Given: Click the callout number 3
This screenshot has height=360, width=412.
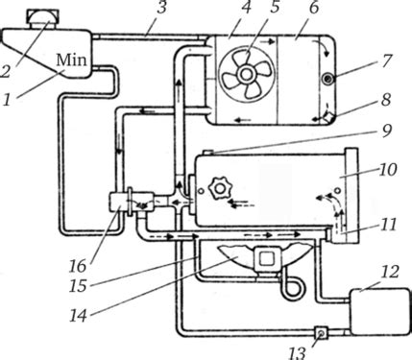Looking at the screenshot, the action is click(x=161, y=8).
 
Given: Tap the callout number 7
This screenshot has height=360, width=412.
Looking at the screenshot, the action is click(x=386, y=60).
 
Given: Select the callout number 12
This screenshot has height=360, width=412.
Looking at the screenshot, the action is click(x=390, y=272).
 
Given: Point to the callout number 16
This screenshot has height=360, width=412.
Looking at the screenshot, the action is click(x=78, y=266).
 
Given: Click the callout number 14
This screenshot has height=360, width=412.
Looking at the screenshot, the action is click(x=78, y=316).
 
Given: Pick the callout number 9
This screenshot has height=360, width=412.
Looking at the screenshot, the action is click(x=387, y=130).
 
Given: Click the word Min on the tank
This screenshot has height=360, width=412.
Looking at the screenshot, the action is click(x=71, y=60).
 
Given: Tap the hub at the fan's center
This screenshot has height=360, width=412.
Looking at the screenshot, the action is click(x=246, y=74).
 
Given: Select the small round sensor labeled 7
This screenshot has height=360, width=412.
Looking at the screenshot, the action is click(x=328, y=79).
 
